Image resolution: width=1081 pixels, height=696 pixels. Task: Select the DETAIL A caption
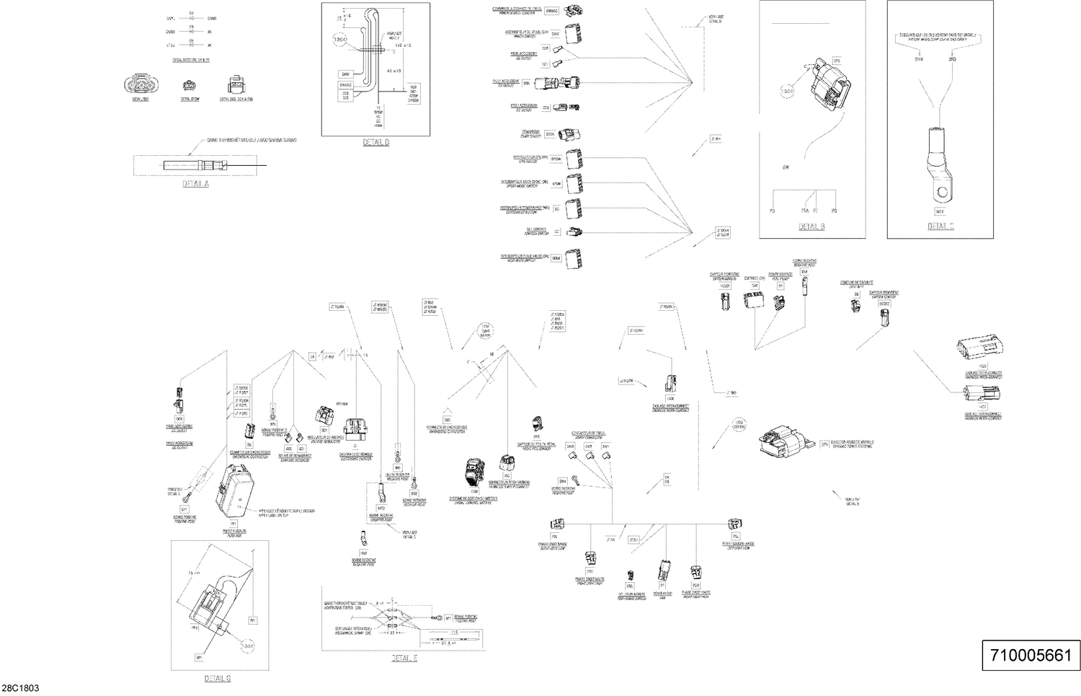coord(195,184)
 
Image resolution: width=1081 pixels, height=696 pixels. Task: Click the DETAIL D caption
coord(376,143)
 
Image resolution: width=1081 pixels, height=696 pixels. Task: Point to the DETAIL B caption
coord(811,226)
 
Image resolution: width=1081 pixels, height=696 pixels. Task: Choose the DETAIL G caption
coord(218,678)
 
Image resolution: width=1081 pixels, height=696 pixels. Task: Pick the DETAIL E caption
coord(404,658)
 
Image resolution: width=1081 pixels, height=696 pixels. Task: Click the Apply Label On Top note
coord(285,514)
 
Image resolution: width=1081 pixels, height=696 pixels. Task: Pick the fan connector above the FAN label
coord(662,571)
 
